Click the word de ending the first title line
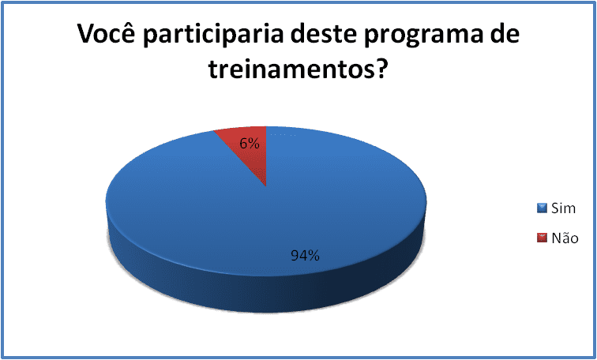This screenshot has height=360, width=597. click(505, 34)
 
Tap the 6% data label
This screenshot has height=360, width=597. click(250, 143)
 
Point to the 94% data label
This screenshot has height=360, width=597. click(306, 255)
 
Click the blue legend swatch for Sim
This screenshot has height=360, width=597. click(542, 208)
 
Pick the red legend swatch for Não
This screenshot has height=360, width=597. click(542, 238)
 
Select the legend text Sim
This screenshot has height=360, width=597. click(564, 208)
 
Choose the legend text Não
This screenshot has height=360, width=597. click(565, 238)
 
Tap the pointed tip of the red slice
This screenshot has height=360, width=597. click(266, 186)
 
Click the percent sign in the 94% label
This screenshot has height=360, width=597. click(314, 255)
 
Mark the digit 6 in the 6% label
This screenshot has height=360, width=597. click(244, 144)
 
